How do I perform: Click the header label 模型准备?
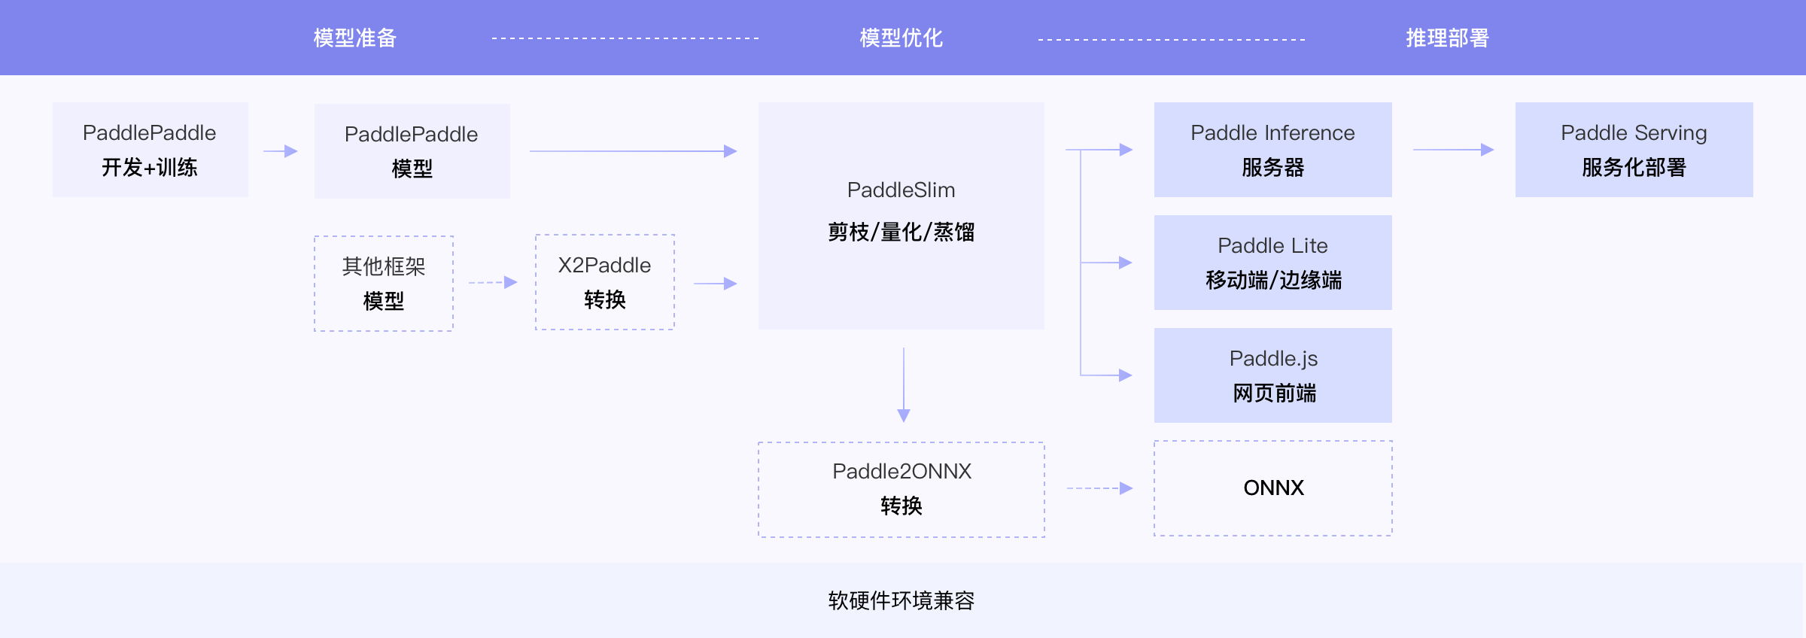click(354, 38)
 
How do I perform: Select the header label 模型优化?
click(901, 38)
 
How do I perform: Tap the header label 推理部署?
click(1447, 38)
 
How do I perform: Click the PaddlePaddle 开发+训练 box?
click(150, 150)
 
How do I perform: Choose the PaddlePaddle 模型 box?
click(412, 151)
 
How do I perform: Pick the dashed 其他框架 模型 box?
click(383, 284)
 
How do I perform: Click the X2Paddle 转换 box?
click(604, 282)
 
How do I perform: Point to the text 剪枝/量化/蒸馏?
click(901, 232)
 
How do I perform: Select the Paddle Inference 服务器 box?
click(1272, 150)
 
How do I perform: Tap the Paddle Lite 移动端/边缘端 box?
click(1272, 263)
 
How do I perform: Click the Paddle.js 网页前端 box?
click(1272, 375)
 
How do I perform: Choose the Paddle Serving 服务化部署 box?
click(1634, 150)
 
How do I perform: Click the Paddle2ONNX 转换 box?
click(901, 489)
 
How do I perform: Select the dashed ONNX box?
click(1272, 488)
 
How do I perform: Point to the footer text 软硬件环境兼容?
click(901, 600)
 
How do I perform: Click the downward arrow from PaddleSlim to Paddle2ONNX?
click(904, 384)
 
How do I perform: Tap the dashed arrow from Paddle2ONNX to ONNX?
click(1099, 488)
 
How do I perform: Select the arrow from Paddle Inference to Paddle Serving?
click(1452, 150)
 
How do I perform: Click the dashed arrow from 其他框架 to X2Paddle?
click(493, 283)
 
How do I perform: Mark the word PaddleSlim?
click(901, 190)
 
